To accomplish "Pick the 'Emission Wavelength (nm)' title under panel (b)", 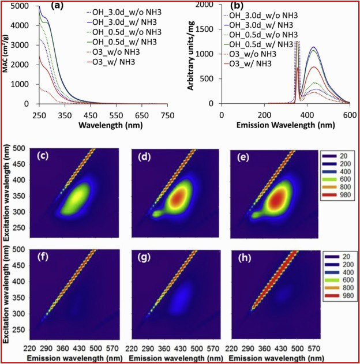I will coord(281,124).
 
